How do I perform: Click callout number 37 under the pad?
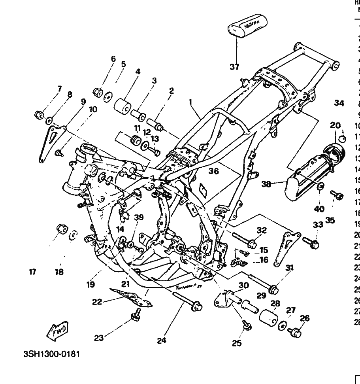234,67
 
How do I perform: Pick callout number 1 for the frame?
190,102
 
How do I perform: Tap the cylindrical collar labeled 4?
124,106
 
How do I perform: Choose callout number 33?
318,225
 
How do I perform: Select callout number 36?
214,171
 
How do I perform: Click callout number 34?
339,104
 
